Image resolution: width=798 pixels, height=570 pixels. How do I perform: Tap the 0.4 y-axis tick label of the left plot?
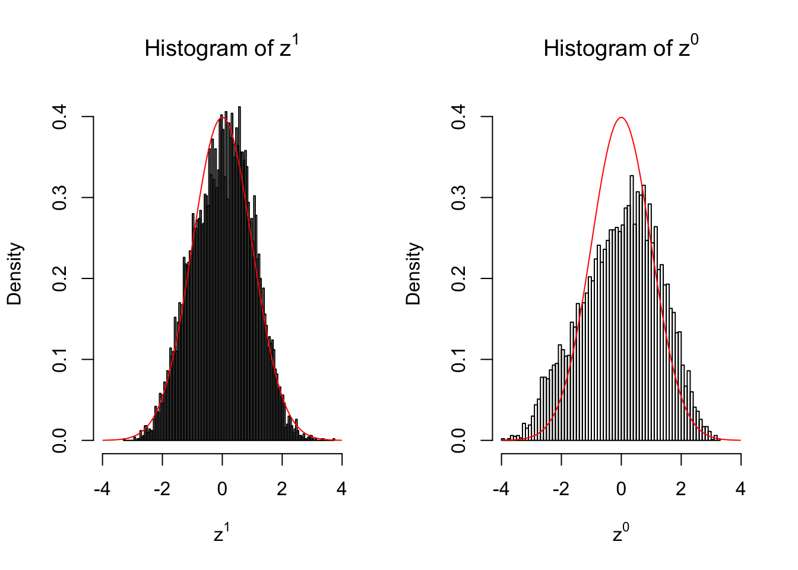59,117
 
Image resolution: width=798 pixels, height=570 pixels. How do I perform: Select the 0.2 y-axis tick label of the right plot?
458,278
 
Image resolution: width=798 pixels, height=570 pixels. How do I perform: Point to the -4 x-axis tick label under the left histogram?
103,489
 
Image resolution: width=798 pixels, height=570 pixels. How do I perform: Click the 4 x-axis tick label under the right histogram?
740,489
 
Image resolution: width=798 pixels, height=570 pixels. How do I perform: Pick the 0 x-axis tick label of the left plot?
222,489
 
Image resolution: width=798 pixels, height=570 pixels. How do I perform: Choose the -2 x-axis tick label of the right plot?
561,489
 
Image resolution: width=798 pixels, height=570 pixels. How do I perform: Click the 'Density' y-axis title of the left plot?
14,274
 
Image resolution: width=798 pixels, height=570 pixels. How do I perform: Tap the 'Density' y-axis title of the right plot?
413,274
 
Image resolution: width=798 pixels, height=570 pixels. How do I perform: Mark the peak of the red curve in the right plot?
621,118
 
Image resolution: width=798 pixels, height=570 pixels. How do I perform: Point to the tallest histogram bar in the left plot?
239,273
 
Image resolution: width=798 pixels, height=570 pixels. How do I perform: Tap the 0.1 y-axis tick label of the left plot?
59,359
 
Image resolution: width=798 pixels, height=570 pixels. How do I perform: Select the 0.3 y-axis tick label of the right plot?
458,198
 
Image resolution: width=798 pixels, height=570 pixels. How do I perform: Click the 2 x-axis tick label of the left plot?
282,489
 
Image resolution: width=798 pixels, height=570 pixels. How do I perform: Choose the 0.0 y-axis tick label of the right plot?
458,440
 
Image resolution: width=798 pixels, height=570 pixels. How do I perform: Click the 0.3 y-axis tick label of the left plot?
59,198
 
